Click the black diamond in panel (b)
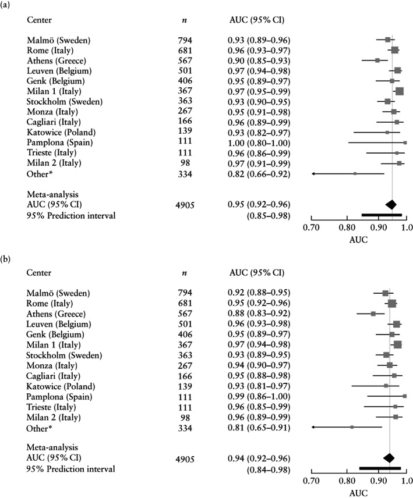click(389, 458)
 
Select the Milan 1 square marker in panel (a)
click(399, 91)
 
